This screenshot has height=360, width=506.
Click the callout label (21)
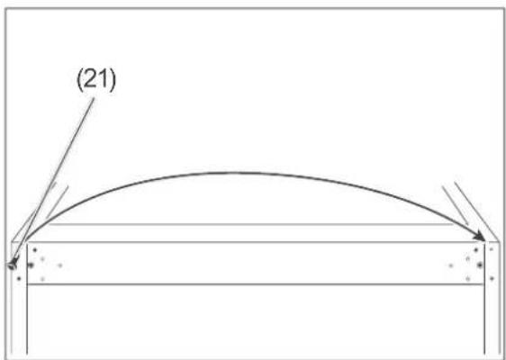(x=95, y=81)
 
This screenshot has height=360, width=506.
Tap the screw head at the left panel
(x=13, y=265)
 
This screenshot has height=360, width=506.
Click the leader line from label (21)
(x=54, y=179)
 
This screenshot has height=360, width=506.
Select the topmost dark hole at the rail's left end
(x=34, y=250)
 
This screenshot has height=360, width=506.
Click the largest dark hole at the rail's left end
(x=31, y=265)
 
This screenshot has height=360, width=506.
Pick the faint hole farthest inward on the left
(x=60, y=265)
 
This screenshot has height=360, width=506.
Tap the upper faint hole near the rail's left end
(x=42, y=258)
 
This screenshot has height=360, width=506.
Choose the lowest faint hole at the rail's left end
(x=42, y=279)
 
